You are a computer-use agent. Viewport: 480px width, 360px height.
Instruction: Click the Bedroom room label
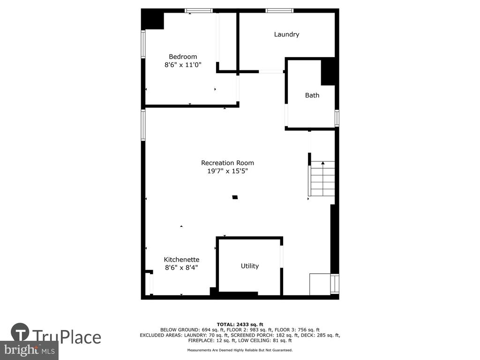(x=183, y=57)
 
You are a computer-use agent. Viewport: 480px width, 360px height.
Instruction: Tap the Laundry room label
(x=286, y=34)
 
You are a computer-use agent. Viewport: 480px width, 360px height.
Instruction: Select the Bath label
(x=312, y=95)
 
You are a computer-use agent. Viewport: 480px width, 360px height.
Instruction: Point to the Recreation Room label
(x=227, y=163)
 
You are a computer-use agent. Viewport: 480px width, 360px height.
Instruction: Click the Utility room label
(x=250, y=266)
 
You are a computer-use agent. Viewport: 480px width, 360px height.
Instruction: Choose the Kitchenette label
(x=181, y=260)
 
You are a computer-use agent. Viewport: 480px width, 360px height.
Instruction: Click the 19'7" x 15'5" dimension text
(x=227, y=171)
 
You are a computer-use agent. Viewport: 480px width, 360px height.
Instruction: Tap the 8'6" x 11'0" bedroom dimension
(x=183, y=65)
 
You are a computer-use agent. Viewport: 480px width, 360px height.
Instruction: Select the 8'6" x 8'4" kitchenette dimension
(x=181, y=268)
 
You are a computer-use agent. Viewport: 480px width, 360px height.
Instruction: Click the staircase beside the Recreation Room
(x=322, y=179)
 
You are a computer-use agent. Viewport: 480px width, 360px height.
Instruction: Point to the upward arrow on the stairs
(x=323, y=178)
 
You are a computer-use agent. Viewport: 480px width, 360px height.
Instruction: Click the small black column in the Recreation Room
(x=235, y=197)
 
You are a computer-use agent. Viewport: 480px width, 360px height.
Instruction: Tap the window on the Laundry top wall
(x=279, y=11)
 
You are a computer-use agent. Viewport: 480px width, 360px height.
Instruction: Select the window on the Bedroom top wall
(x=199, y=11)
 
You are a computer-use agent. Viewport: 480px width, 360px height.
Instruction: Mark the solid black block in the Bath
(x=328, y=72)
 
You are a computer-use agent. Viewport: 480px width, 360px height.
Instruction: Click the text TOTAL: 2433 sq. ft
(x=240, y=324)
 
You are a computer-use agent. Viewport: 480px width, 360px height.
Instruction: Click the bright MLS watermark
(x=30, y=350)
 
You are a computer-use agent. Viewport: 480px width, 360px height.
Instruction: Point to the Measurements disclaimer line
(x=240, y=350)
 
